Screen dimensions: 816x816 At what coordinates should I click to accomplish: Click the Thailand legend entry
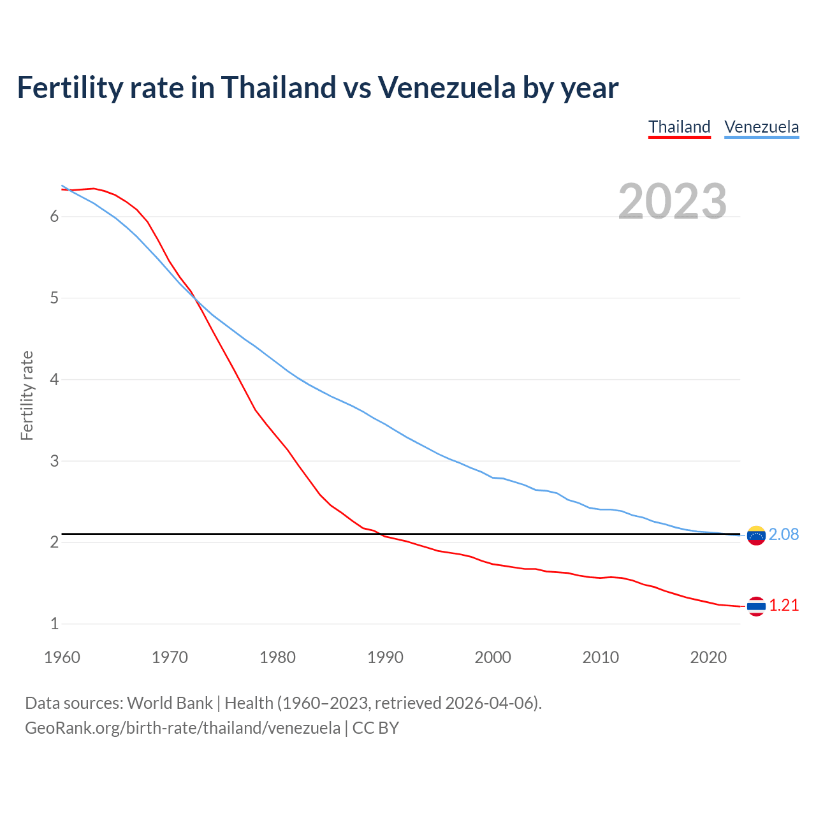(679, 127)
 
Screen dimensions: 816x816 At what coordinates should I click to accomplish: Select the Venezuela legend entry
(761, 127)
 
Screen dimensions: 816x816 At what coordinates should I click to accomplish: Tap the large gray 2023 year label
(673, 201)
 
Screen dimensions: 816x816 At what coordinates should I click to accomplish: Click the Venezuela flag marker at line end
(756, 535)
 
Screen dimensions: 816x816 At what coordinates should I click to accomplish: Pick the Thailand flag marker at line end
(756, 606)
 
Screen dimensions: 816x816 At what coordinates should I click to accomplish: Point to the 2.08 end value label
(783, 534)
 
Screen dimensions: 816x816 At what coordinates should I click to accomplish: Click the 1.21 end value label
(783, 605)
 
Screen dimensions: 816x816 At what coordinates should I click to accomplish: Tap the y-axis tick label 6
(54, 216)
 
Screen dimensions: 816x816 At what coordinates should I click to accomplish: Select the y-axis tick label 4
(54, 379)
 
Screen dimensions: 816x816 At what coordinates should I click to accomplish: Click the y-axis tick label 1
(54, 623)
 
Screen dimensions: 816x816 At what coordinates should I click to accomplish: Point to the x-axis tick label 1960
(62, 657)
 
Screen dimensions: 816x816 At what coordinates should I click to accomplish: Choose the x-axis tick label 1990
(385, 657)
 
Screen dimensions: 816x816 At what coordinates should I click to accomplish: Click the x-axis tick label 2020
(708, 657)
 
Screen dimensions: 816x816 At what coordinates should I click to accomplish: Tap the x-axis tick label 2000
(493, 657)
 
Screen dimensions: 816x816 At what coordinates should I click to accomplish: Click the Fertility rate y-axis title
(27, 395)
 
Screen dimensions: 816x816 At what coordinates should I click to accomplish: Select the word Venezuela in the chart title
(446, 88)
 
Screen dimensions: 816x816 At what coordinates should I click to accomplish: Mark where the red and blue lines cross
(194, 298)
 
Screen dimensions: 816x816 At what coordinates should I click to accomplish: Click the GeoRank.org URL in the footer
(182, 728)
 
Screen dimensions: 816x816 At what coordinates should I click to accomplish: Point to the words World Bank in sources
(170, 703)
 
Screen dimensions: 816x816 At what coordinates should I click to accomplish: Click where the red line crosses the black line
(379, 533)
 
